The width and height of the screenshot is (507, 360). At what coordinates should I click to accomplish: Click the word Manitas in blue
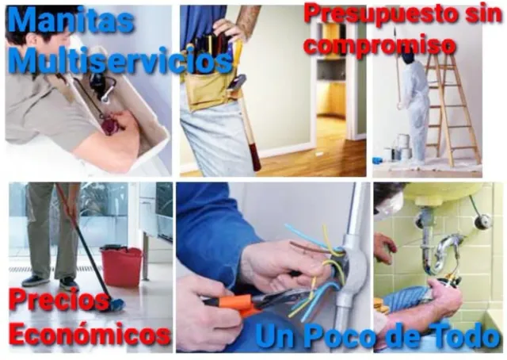point(71,20)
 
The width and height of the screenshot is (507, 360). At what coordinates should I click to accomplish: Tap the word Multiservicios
point(120,60)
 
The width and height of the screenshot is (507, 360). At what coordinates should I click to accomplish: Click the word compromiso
point(380,46)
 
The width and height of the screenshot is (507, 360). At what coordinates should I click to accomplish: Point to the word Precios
point(59,301)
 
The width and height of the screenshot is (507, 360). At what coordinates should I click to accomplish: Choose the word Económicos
point(90,334)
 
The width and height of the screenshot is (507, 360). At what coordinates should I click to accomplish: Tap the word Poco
point(341,336)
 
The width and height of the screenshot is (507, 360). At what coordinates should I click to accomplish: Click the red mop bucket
point(121,266)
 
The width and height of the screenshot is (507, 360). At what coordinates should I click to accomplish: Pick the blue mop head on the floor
point(117,305)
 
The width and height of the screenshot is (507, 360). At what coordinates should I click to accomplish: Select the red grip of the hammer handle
point(255,158)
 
